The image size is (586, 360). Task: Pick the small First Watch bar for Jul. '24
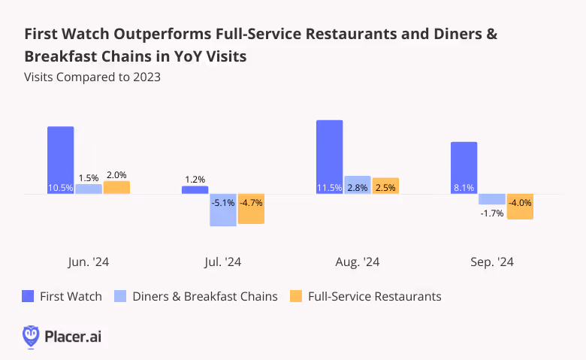195,190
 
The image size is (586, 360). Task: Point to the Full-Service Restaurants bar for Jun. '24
116,188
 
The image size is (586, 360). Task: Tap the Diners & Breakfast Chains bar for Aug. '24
357,186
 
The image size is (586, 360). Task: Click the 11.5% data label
329,188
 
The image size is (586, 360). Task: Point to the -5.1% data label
223,202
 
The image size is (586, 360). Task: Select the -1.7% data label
492,213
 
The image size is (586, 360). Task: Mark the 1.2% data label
195,180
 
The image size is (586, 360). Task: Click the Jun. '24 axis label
88,262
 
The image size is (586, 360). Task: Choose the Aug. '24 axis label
357,262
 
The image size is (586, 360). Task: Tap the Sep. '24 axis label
491,262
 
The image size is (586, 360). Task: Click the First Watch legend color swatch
29,296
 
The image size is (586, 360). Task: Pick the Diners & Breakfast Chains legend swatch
120,296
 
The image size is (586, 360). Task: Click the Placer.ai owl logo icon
31,336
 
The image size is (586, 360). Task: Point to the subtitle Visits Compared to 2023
92,77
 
